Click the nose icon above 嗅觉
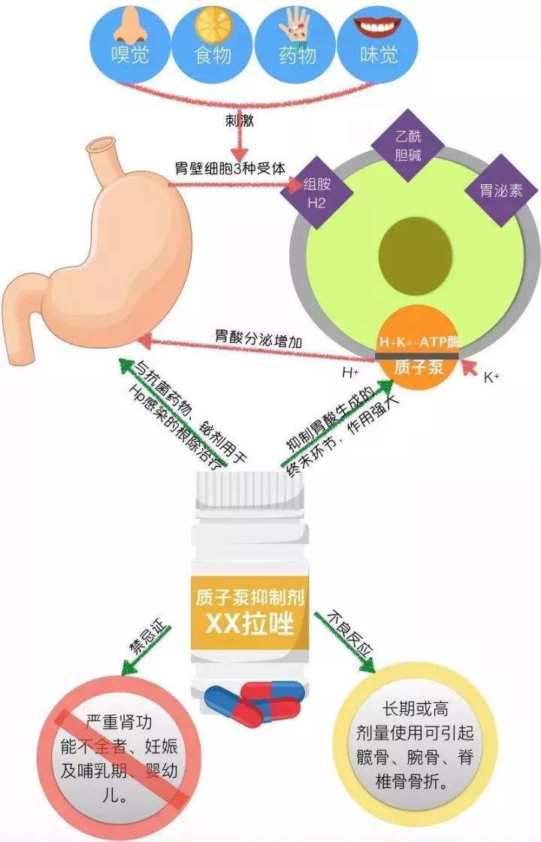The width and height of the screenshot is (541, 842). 127,27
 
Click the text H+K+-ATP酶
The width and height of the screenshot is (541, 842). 418,342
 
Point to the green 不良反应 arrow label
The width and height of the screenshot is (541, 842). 351,636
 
